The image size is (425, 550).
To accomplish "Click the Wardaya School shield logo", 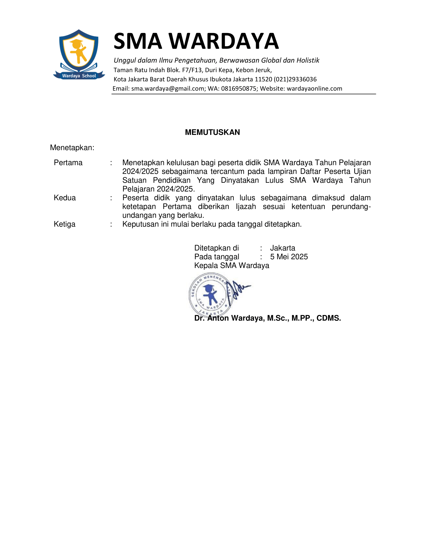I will pyautogui.click(x=79, y=54).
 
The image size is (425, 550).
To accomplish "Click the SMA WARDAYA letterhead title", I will pyautogui.click(x=196, y=41).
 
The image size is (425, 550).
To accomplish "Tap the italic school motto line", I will pyautogui.click(x=216, y=60).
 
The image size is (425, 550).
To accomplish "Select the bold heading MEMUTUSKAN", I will pyautogui.click(x=212, y=132).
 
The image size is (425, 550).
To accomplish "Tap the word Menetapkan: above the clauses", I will pyautogui.click(x=72, y=147).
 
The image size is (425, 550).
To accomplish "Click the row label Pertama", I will pyautogui.click(x=68, y=163).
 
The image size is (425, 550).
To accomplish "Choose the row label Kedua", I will pyautogui.click(x=65, y=198).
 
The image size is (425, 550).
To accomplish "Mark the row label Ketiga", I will pyautogui.click(x=64, y=224).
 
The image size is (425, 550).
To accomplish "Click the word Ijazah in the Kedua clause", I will pyautogui.click(x=246, y=206).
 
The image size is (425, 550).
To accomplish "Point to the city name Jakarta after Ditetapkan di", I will pyautogui.click(x=282, y=248).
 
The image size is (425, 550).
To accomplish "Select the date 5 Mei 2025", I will pyautogui.click(x=289, y=256).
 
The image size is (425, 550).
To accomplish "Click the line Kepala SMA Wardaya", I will pyautogui.click(x=232, y=265).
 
